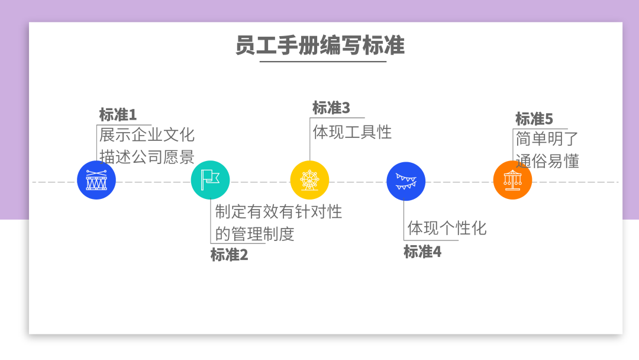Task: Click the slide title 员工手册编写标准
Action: click(x=319, y=45)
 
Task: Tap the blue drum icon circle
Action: click(x=96, y=180)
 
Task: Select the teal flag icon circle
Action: click(x=210, y=180)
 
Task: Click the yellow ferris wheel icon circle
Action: click(x=309, y=180)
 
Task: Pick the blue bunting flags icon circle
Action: click(x=406, y=181)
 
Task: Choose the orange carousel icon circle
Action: click(x=512, y=180)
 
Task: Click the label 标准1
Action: click(x=118, y=115)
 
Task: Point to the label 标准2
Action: click(x=229, y=255)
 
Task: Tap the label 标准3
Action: click(x=331, y=108)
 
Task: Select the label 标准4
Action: click(x=422, y=252)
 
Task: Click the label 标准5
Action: click(x=534, y=119)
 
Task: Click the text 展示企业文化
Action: click(x=147, y=134)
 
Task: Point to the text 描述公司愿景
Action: click(x=147, y=157)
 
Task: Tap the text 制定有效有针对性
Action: click(x=279, y=211)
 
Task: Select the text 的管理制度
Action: click(x=254, y=233)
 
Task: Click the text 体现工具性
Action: click(x=352, y=131)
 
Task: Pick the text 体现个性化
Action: click(x=447, y=228)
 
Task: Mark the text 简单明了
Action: click(x=547, y=139)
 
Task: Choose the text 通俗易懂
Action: click(x=547, y=160)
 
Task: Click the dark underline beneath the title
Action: click(x=322, y=61)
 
